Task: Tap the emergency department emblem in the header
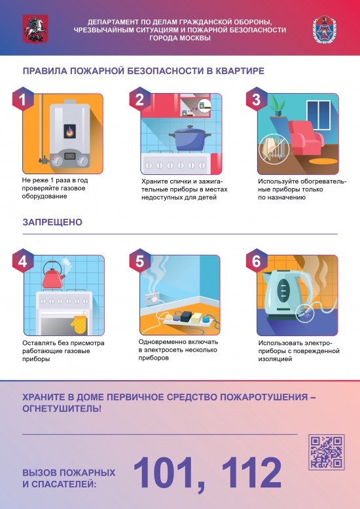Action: (x=328, y=29)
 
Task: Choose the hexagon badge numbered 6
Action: (x=256, y=261)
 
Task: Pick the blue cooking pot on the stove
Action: (x=190, y=138)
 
